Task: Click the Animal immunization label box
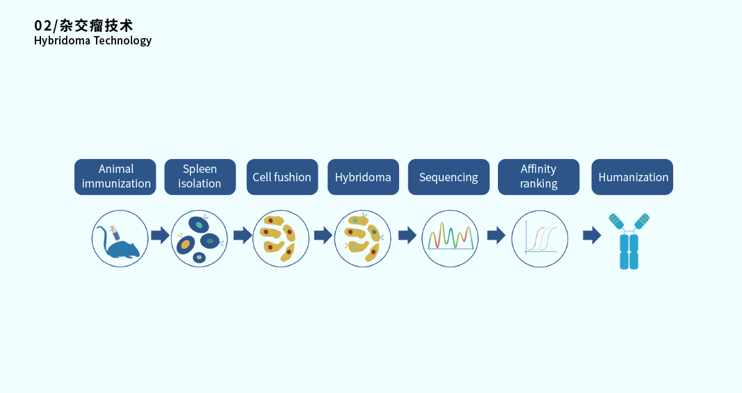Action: (115, 176)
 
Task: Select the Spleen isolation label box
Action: (200, 176)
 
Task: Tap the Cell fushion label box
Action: (282, 176)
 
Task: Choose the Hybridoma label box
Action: (363, 176)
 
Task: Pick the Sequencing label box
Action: (449, 176)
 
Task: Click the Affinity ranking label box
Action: (538, 176)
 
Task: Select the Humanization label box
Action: (632, 176)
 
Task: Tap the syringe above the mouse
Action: (114, 232)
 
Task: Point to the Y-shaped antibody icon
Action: (629, 242)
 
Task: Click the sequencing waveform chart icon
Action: (451, 235)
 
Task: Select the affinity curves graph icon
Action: (540, 238)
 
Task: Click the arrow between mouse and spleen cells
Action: (160, 235)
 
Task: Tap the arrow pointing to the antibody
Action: (592, 235)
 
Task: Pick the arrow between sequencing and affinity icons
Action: (496, 235)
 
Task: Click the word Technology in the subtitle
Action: (122, 41)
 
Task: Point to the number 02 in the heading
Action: (42, 26)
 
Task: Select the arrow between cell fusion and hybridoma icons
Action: (323, 235)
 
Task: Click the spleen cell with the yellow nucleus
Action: (185, 244)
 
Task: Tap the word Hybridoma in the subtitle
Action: (62, 41)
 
